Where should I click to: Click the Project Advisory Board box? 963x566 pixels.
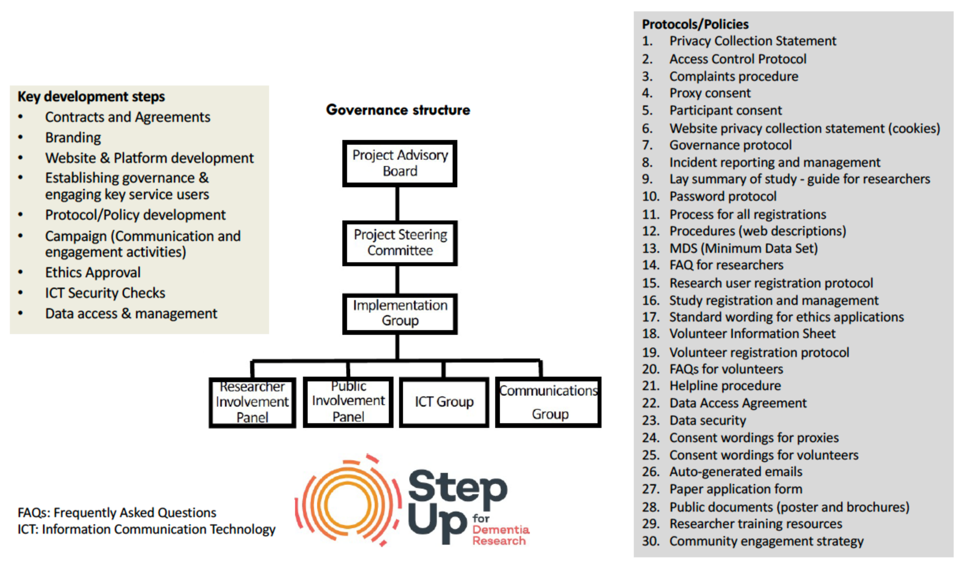click(x=400, y=163)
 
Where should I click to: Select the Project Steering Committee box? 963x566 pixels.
click(x=400, y=243)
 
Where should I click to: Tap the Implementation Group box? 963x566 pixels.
click(x=400, y=313)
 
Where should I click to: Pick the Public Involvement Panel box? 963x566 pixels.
click(x=348, y=402)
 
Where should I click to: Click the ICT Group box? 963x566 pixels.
click(x=444, y=402)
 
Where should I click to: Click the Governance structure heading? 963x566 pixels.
click(x=398, y=110)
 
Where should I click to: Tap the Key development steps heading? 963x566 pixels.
click(x=91, y=96)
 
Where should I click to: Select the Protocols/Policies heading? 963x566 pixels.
click(x=695, y=24)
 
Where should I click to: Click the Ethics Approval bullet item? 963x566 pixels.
click(x=93, y=272)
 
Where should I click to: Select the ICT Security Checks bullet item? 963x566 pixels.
click(x=105, y=293)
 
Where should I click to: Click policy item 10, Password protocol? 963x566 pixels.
click(x=723, y=196)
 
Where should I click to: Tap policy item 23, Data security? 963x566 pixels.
click(x=707, y=420)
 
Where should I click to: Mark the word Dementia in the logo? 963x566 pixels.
click(x=501, y=530)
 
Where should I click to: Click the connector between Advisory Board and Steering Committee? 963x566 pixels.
click(x=397, y=204)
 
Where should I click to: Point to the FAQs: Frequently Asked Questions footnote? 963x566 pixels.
click(x=117, y=513)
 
